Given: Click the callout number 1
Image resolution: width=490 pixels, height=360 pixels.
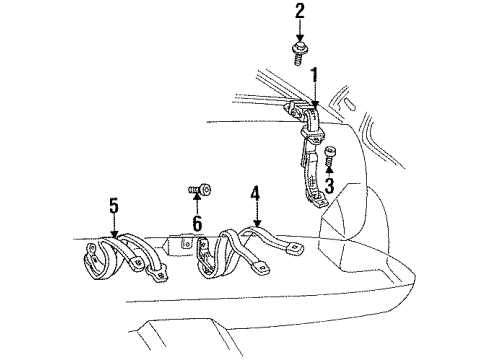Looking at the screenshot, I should click(314, 75).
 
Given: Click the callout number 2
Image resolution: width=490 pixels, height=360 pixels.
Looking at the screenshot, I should click(299, 13).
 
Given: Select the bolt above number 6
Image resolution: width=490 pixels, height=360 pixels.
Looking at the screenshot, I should click(198, 188).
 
